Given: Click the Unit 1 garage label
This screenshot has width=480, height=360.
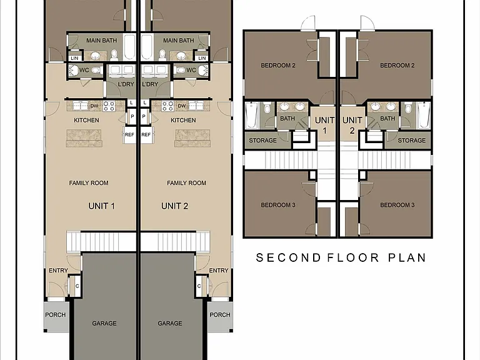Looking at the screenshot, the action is point(104,323).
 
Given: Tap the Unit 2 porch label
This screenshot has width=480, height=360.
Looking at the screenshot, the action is point(220,315).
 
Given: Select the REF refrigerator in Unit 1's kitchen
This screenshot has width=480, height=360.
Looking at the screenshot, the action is point(129,135).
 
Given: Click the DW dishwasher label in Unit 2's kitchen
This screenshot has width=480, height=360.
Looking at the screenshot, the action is point(182,106).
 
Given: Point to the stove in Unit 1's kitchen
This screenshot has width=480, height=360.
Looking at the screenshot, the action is point(109,106).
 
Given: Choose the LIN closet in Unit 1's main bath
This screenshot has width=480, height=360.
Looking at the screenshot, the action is point(74,58).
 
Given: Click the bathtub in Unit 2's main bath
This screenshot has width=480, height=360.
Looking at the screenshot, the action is point(147,47).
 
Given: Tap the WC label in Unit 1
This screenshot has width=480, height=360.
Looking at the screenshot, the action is point(84,70).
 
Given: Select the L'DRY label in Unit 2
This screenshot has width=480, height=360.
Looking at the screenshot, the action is point(150,84).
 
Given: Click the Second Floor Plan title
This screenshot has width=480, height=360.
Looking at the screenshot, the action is point(341,257).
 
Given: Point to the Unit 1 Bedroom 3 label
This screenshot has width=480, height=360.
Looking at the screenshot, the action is point(278,205).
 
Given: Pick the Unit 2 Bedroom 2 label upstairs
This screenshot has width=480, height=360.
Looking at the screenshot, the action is point(397,65).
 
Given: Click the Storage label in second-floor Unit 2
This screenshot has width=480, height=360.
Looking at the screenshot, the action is point(411,140).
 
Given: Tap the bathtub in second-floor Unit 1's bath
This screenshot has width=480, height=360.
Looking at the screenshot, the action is point(252,115).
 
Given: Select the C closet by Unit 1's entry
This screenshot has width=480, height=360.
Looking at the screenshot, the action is point(77,286).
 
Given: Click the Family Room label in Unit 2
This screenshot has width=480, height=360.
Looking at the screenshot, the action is point(186,182).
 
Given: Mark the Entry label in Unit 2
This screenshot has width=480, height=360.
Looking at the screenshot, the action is point(219,270).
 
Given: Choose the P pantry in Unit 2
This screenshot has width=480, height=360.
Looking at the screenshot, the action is point(144,116).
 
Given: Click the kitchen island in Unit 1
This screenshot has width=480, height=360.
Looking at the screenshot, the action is point(84,138).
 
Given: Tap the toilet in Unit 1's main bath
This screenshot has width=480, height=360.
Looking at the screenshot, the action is point(114,55).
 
